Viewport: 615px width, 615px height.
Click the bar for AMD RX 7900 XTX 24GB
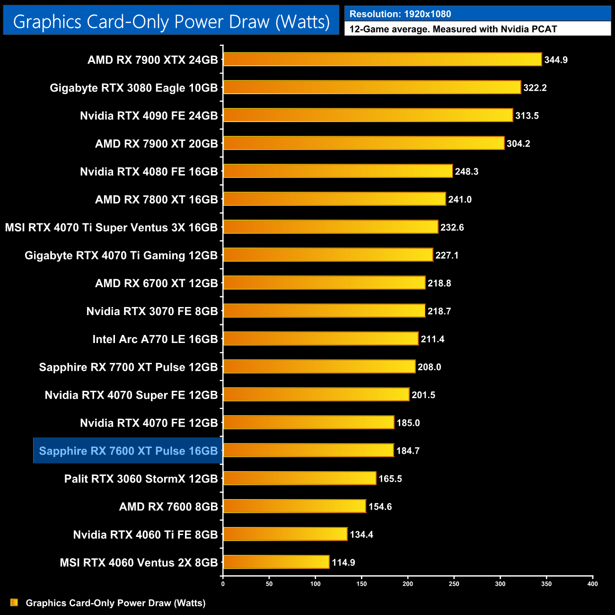coord(382,60)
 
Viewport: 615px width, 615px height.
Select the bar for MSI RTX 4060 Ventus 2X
coord(276,562)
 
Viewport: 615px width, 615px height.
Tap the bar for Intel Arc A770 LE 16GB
coord(321,339)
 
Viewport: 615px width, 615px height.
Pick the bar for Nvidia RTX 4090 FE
coord(368,115)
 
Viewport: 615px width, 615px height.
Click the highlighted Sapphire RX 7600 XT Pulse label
coord(128,451)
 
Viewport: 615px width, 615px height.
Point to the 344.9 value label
coord(556,60)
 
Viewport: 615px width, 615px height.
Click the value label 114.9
coord(343,562)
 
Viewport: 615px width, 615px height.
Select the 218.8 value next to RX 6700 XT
coord(439,283)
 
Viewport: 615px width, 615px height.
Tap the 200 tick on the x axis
coord(408,584)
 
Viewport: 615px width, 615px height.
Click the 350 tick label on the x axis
coord(546,584)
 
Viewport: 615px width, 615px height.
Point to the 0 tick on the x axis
coord(223,584)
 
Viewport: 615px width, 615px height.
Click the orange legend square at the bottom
coord(14,603)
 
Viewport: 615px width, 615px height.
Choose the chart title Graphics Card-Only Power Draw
coord(171,22)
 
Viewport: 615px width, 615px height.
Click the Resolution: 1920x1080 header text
coord(400,14)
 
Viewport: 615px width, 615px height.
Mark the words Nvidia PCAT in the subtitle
coord(529,29)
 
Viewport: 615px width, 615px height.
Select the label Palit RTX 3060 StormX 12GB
coord(141,479)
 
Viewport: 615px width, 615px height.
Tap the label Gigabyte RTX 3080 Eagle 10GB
coord(134,88)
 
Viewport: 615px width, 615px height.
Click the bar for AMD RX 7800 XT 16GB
coord(334,199)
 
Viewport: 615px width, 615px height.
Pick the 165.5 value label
coord(390,479)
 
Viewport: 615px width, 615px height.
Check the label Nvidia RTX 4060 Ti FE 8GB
coord(145,535)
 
